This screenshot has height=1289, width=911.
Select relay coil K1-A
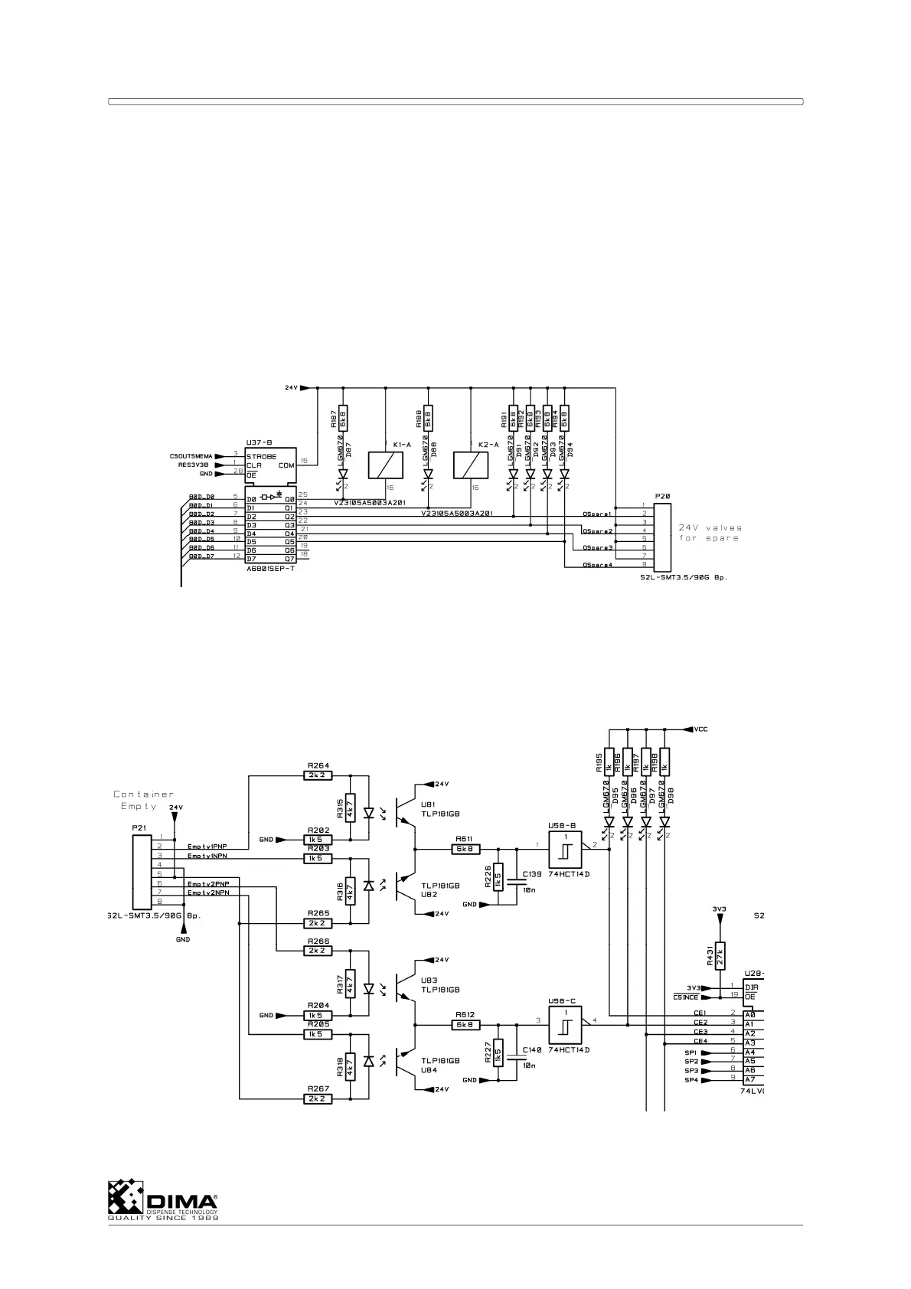pyautogui.click(x=385, y=464)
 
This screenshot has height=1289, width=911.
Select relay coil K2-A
pyautogui.click(x=471, y=464)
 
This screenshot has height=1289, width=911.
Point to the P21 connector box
pyautogui.click(x=142, y=873)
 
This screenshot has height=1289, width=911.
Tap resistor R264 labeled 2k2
pyautogui.click(x=318, y=775)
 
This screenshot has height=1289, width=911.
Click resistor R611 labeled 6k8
pyautogui.click(x=466, y=849)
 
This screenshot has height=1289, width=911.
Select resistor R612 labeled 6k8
pyautogui.click(x=466, y=1025)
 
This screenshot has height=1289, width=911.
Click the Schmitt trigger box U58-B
pyautogui.click(x=565, y=849)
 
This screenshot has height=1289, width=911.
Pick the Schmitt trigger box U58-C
pyautogui.click(x=565, y=1025)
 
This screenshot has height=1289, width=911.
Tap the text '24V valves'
pyautogui.click(x=710, y=527)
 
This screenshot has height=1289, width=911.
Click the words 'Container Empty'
pyautogui.click(x=143, y=800)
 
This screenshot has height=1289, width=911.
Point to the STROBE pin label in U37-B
pyautogui.click(x=261, y=456)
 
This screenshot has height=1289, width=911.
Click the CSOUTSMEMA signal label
pyautogui.click(x=191, y=456)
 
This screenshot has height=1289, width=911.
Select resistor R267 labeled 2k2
pyautogui.click(x=318, y=1098)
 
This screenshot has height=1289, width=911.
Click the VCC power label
pyautogui.click(x=700, y=729)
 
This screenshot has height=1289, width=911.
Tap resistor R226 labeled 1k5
pyautogui.click(x=498, y=876)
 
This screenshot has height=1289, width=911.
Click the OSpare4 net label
pyautogui.click(x=597, y=565)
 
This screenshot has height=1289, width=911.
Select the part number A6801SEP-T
pyautogui.click(x=270, y=569)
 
